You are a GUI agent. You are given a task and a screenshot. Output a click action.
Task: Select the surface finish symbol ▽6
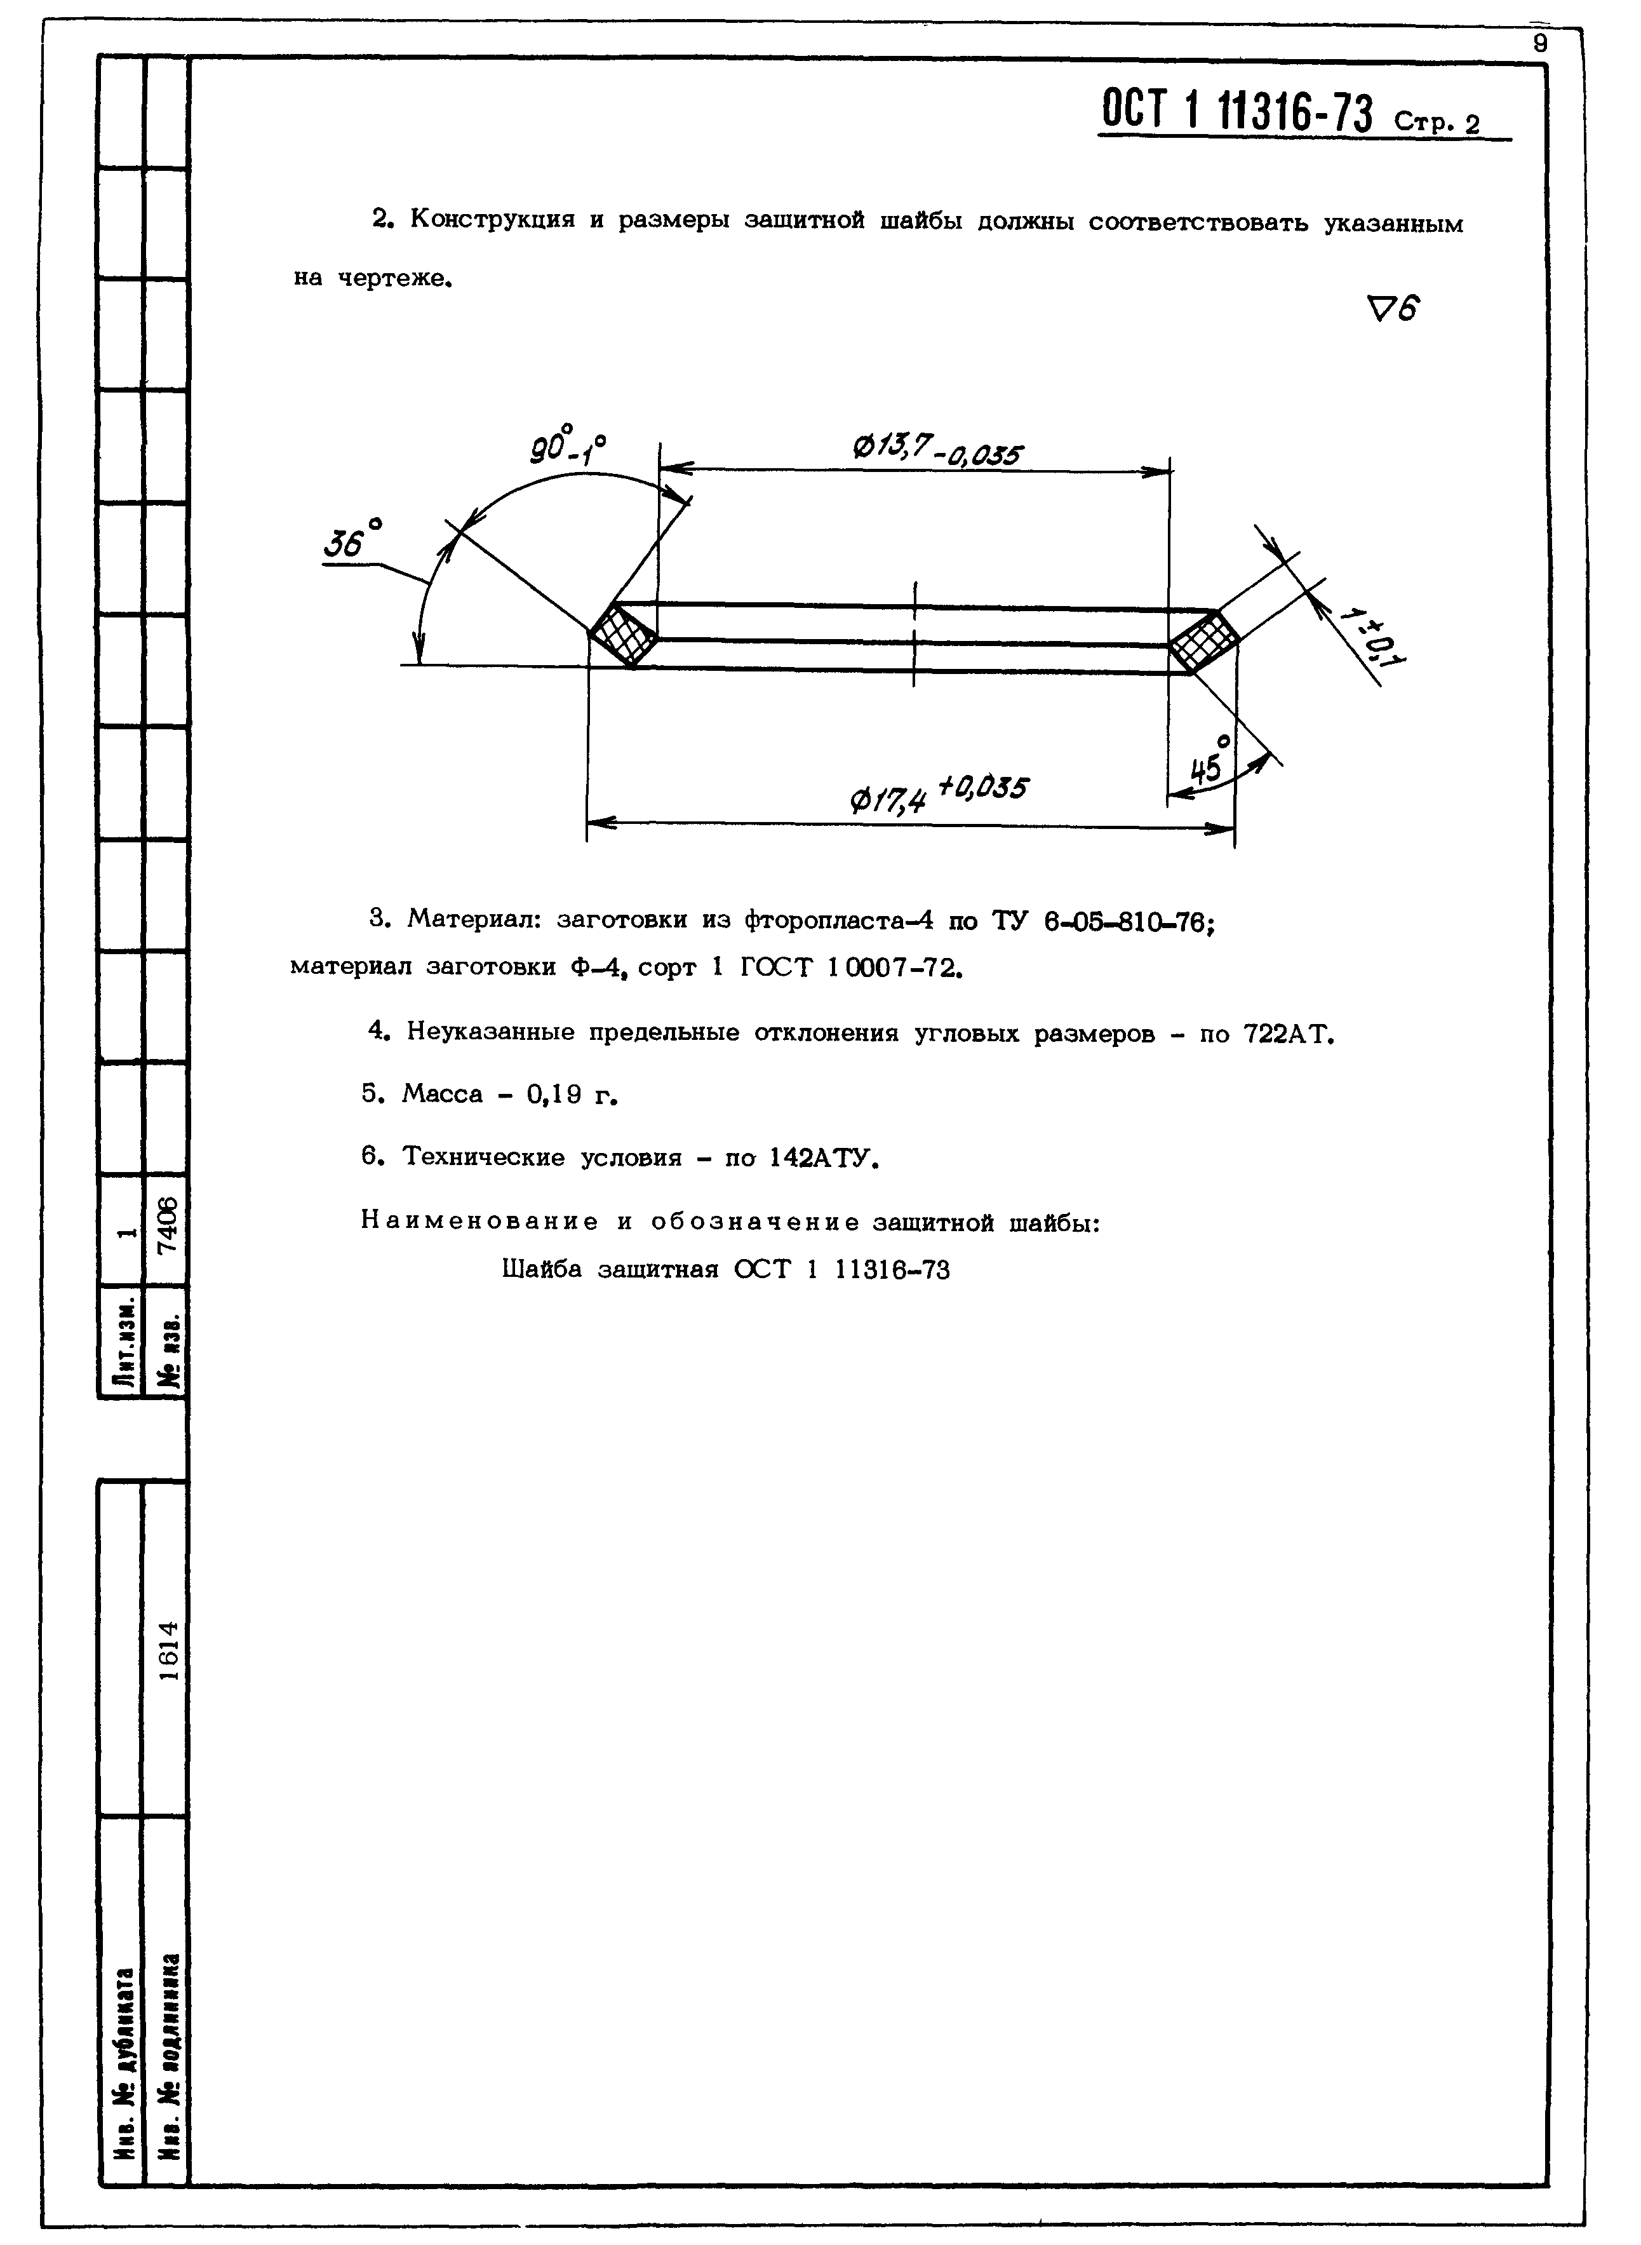1394,311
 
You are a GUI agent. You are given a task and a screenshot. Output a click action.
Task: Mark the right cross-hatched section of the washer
1202,642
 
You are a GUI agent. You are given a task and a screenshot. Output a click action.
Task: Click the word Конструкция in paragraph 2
492,220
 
